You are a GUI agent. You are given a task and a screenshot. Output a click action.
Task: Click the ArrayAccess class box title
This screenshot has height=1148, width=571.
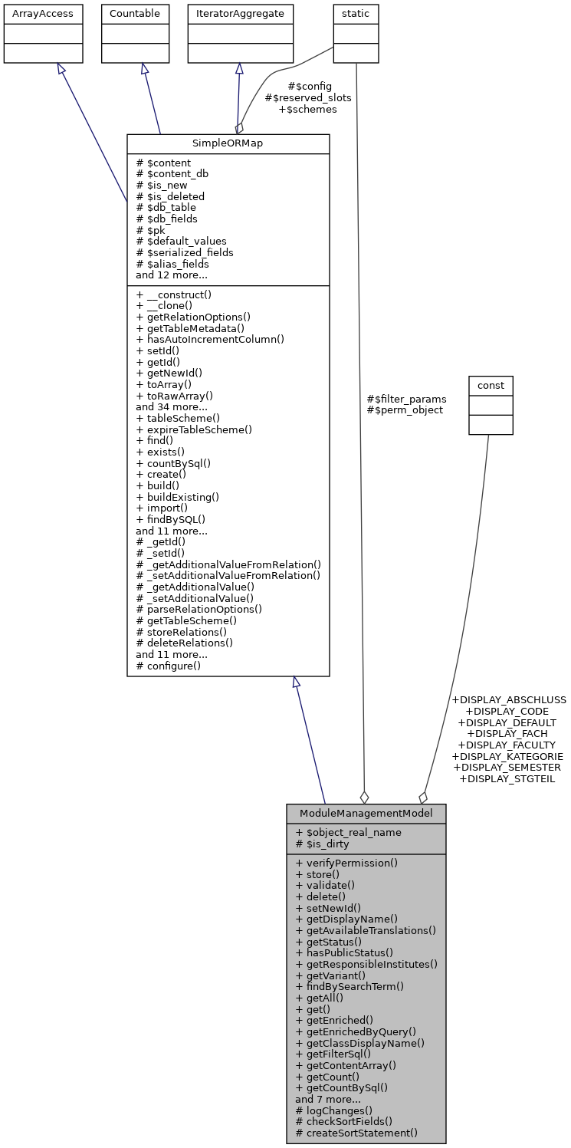[43, 14]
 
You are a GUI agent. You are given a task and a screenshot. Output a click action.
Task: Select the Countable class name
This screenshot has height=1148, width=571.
[135, 14]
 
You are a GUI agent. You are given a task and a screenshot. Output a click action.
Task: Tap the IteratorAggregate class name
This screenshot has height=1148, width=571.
[241, 14]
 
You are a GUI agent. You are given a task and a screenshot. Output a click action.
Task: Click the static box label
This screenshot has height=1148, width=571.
[356, 14]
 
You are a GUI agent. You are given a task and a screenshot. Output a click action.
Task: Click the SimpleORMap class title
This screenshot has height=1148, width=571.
[228, 143]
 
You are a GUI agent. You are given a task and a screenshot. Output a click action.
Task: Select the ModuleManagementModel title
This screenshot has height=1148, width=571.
[366, 813]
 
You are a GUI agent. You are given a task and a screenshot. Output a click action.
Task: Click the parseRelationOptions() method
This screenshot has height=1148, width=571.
[199, 609]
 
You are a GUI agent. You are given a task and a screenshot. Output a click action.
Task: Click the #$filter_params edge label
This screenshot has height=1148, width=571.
[406, 399]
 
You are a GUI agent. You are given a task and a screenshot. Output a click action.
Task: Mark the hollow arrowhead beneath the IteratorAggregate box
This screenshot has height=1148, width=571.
[239, 68]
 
